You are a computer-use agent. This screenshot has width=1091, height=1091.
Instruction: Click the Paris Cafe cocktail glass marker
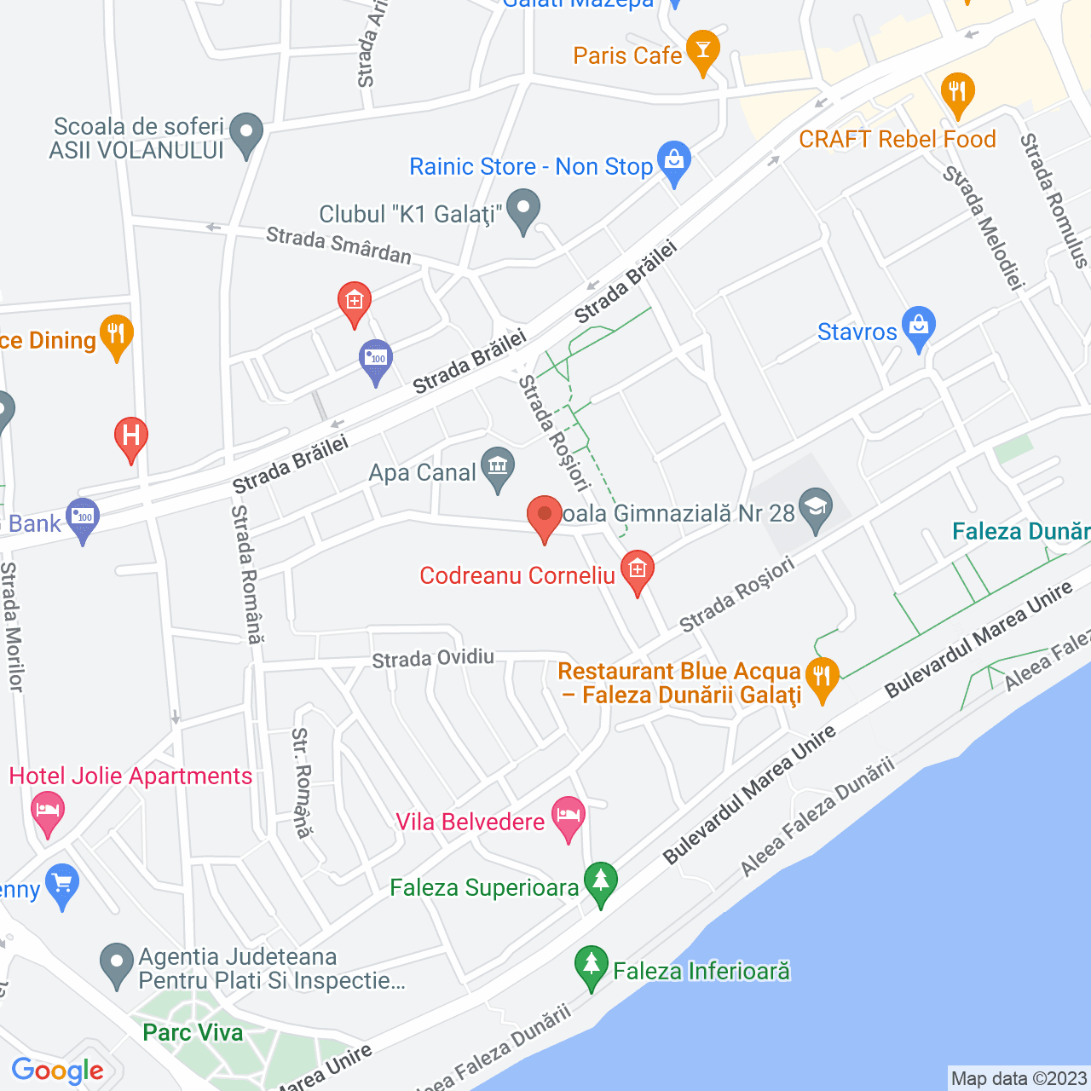[702, 51]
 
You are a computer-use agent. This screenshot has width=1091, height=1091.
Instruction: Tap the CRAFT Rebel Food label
[897, 139]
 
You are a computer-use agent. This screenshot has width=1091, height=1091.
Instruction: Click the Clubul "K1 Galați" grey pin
[523, 210]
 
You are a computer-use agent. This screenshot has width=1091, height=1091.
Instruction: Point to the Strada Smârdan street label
[338, 245]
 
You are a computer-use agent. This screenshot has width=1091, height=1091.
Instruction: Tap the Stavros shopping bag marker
[918, 327]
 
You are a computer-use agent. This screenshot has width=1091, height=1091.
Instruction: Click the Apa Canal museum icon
[498, 468]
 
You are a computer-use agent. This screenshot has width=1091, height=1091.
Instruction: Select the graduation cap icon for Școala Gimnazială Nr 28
[816, 509]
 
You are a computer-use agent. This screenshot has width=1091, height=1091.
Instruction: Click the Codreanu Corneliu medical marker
[637, 571]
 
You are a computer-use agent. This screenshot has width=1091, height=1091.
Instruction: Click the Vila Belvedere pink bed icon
[569, 817]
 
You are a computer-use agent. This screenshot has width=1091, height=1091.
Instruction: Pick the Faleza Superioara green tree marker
[601, 882]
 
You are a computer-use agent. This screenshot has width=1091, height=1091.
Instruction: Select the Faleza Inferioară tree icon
[591, 967]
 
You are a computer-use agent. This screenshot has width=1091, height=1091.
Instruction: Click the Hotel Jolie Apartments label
[130, 776]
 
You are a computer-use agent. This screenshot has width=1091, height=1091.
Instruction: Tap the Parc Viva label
[193, 1032]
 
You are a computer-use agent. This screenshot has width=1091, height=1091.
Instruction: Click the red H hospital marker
[131, 437]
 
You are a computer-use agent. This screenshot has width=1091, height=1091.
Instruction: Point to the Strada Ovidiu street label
[433, 658]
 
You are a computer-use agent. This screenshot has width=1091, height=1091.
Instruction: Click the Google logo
[58, 1071]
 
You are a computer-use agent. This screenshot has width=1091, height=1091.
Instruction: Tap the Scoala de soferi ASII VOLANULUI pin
[247, 134]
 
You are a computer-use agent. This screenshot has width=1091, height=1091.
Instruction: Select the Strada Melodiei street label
[982, 227]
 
